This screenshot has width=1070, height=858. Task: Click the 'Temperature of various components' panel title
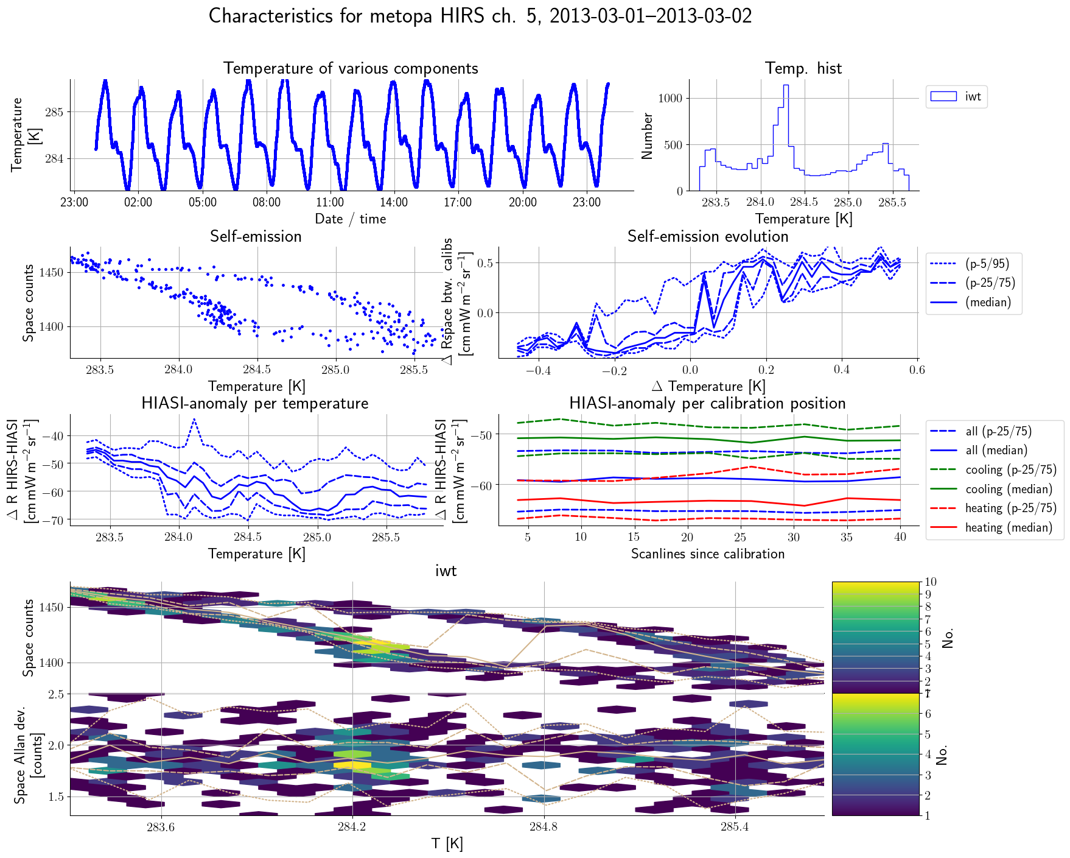click(x=351, y=68)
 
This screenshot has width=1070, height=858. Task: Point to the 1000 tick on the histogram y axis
click(x=670, y=98)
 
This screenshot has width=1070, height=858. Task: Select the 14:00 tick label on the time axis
click(x=394, y=203)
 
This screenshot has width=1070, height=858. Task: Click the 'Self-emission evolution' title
click(x=708, y=236)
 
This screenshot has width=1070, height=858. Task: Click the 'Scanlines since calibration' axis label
click(x=708, y=554)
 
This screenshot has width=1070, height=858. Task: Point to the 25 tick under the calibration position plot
click(x=740, y=537)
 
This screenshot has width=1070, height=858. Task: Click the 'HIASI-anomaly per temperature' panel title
click(x=255, y=403)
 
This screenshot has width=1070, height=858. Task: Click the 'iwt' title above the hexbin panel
click(x=446, y=571)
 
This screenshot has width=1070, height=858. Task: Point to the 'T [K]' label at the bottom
click(x=447, y=843)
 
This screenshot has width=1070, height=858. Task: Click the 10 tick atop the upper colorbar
click(x=930, y=582)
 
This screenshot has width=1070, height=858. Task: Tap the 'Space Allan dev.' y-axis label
click(x=20, y=755)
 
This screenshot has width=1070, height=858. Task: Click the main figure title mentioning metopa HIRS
click(x=480, y=16)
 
